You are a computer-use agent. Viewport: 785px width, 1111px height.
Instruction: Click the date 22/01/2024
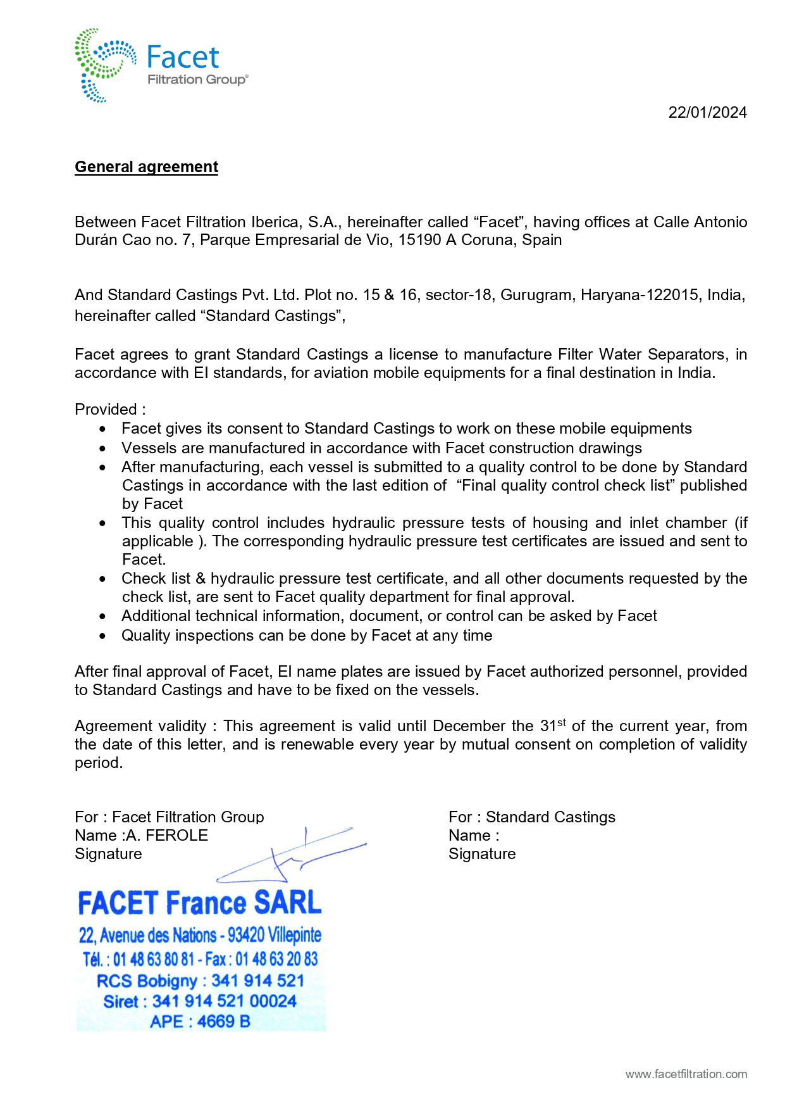tap(707, 113)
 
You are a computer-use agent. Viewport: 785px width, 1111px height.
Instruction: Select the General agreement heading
tap(146, 167)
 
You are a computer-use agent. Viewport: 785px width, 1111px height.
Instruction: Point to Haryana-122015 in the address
tap(640, 295)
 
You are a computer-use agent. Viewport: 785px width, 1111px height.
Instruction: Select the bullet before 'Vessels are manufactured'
tap(103, 449)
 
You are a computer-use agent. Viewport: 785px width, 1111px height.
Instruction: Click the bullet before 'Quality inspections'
tap(103, 636)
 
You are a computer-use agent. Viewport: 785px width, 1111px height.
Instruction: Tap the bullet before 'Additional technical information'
tap(103, 617)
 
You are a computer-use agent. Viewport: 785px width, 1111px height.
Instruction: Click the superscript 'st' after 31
tap(561, 722)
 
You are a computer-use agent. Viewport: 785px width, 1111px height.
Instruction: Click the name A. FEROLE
tap(167, 836)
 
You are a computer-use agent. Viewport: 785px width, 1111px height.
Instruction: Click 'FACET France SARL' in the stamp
tap(199, 903)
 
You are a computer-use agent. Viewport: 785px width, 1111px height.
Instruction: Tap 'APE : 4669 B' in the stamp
tap(200, 1021)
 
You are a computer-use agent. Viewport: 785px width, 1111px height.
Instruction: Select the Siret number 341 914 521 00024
tap(224, 1001)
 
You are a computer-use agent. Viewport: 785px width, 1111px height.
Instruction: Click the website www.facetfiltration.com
tap(686, 1074)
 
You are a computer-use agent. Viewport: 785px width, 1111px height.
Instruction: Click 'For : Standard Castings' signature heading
tap(531, 817)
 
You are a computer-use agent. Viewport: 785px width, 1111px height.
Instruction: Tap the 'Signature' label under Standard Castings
tap(482, 854)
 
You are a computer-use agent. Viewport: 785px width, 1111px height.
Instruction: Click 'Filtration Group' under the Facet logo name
tap(197, 80)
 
